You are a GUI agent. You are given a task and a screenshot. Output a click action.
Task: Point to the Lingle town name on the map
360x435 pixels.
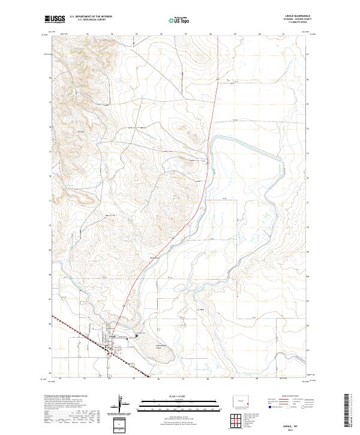[x=110, y=337]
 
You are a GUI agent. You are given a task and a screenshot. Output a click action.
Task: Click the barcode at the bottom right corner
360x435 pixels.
[x=346, y=411]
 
